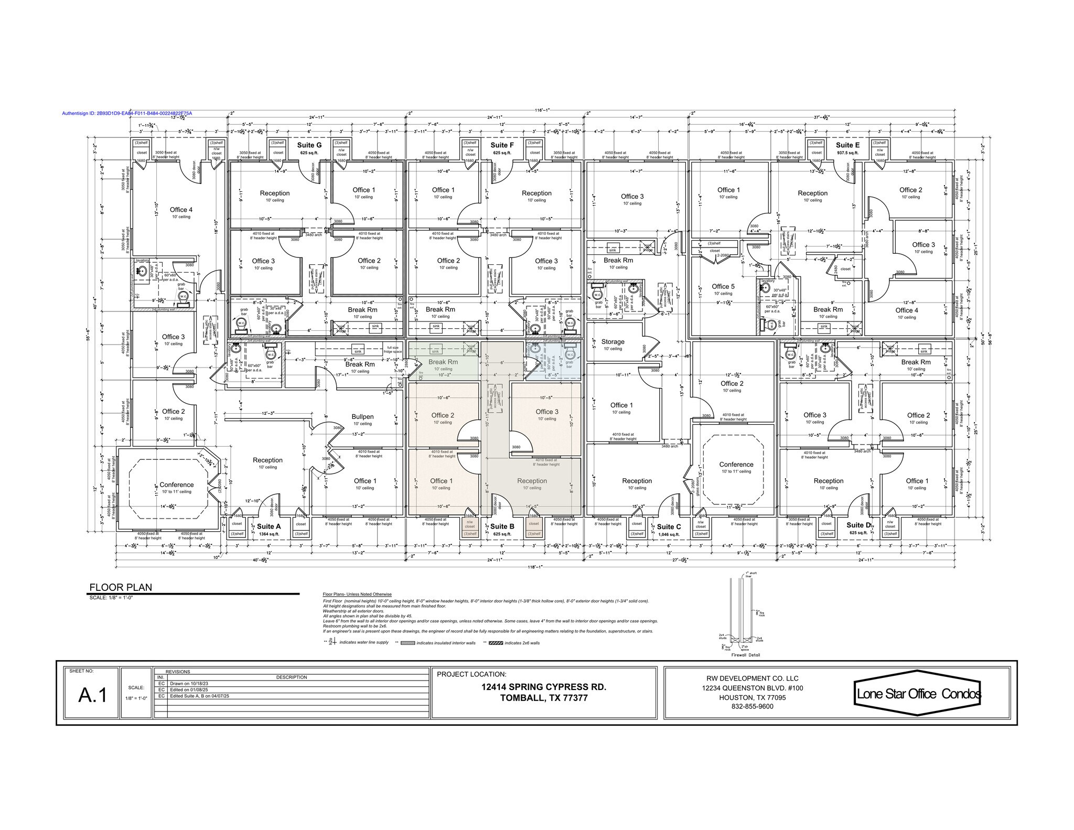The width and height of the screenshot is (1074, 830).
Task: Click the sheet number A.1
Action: [x=93, y=695]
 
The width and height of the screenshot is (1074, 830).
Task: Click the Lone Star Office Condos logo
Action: [x=918, y=693]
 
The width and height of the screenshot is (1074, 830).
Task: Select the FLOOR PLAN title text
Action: [x=121, y=587]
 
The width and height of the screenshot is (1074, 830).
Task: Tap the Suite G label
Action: [x=309, y=145]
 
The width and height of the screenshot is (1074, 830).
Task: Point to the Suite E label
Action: [x=847, y=145]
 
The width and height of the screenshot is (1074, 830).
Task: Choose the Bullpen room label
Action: [x=362, y=417]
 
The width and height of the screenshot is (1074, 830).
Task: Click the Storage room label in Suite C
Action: [x=613, y=341]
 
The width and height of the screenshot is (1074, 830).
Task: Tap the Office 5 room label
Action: [x=723, y=286]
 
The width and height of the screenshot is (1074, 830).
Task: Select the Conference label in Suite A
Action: [x=176, y=484]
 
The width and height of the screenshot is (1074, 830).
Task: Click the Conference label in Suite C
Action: [x=736, y=465]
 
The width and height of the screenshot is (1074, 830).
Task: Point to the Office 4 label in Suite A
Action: [x=181, y=210]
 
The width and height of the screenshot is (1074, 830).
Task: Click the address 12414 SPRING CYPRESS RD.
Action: [x=544, y=687]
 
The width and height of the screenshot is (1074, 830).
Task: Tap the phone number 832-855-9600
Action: [x=752, y=706]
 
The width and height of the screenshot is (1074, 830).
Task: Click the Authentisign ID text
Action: [x=127, y=113]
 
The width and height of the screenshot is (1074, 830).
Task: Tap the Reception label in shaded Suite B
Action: [x=532, y=481]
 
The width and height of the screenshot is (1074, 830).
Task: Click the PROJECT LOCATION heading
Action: [x=471, y=674]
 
